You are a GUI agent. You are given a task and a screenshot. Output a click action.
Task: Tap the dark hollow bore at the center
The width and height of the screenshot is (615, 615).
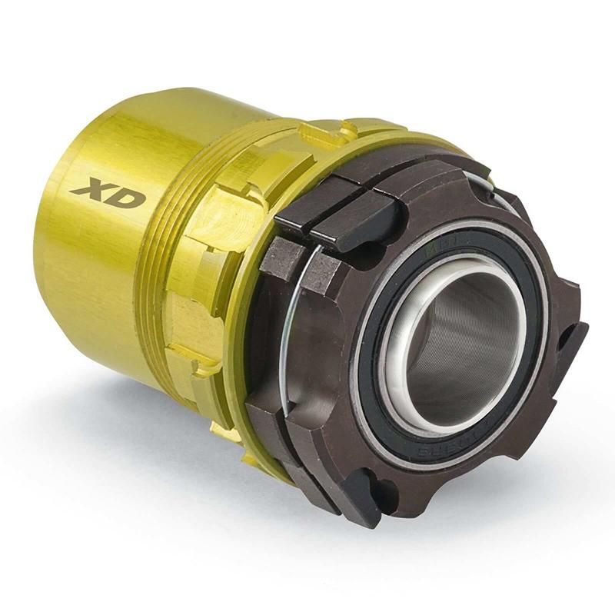coord(461,338)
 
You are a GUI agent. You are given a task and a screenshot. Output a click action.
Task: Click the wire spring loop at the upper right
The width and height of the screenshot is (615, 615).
coord(492,189)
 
